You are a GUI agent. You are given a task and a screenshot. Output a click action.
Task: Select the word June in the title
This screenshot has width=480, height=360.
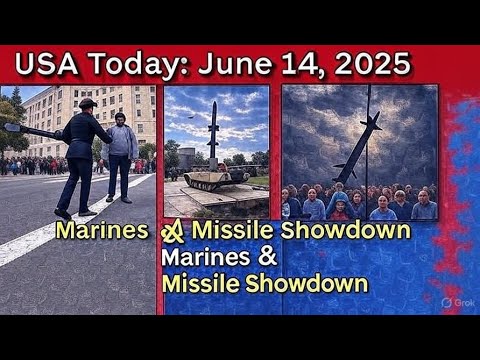click(236, 64)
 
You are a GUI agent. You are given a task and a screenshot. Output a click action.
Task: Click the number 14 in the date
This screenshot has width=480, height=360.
click(298, 64)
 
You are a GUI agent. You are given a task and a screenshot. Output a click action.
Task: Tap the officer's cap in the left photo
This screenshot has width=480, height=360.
click(87, 103)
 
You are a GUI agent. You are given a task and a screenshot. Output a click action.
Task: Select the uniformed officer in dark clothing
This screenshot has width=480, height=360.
click(82, 155)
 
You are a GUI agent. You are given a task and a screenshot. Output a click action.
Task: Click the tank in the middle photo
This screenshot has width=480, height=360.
click(211, 180)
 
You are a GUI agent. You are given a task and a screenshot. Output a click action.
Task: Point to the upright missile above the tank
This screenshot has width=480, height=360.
click(213, 130)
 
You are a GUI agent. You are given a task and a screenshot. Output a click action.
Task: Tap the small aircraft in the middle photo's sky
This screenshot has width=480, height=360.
click(191, 116)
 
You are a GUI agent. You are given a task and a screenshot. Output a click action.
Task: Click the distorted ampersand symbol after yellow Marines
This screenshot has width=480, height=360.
click(172, 232)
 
